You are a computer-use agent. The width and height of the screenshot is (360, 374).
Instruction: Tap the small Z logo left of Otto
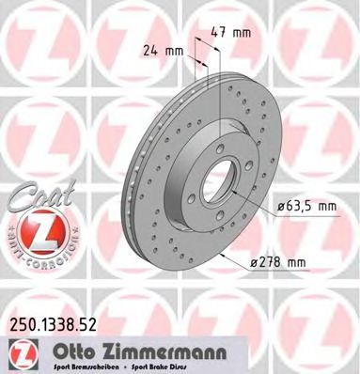click(x=20, y=351)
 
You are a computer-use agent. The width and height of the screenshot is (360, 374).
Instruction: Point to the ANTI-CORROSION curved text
click(x=29, y=252)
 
